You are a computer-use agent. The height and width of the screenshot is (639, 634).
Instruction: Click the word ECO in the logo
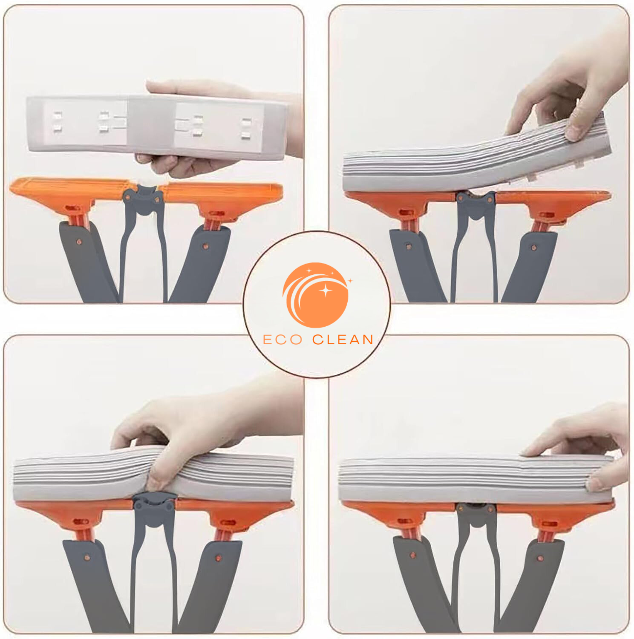pos(283,340)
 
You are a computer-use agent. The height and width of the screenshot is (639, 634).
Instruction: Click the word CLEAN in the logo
pos(343,340)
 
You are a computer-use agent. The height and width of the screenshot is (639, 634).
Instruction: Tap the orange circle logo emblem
pos(316,295)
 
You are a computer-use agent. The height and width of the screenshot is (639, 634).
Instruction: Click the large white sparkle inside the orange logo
pos(326,291)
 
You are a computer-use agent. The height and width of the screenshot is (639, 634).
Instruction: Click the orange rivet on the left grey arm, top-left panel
pos(79,242)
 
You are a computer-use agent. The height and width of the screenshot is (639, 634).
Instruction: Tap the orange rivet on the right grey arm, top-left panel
pos(205,246)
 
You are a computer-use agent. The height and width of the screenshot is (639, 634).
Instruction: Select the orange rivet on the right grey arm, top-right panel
pos(534,248)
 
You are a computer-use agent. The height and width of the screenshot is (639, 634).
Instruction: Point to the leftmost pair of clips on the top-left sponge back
pos(58,122)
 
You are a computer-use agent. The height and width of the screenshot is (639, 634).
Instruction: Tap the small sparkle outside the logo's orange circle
pos(350,281)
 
